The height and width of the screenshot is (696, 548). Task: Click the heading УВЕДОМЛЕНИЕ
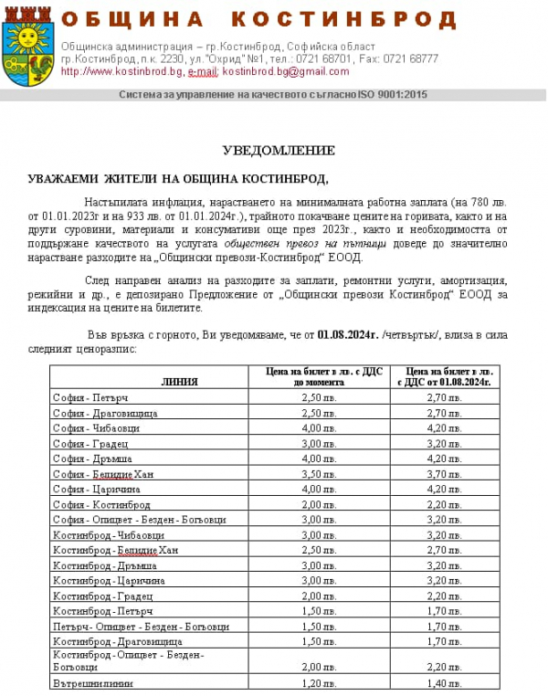tap(279, 150)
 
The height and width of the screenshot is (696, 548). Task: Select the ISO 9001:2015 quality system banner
tap(273, 94)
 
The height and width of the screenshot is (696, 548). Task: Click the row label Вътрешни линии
tap(92, 682)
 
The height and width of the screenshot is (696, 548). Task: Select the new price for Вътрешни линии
tap(444, 682)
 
